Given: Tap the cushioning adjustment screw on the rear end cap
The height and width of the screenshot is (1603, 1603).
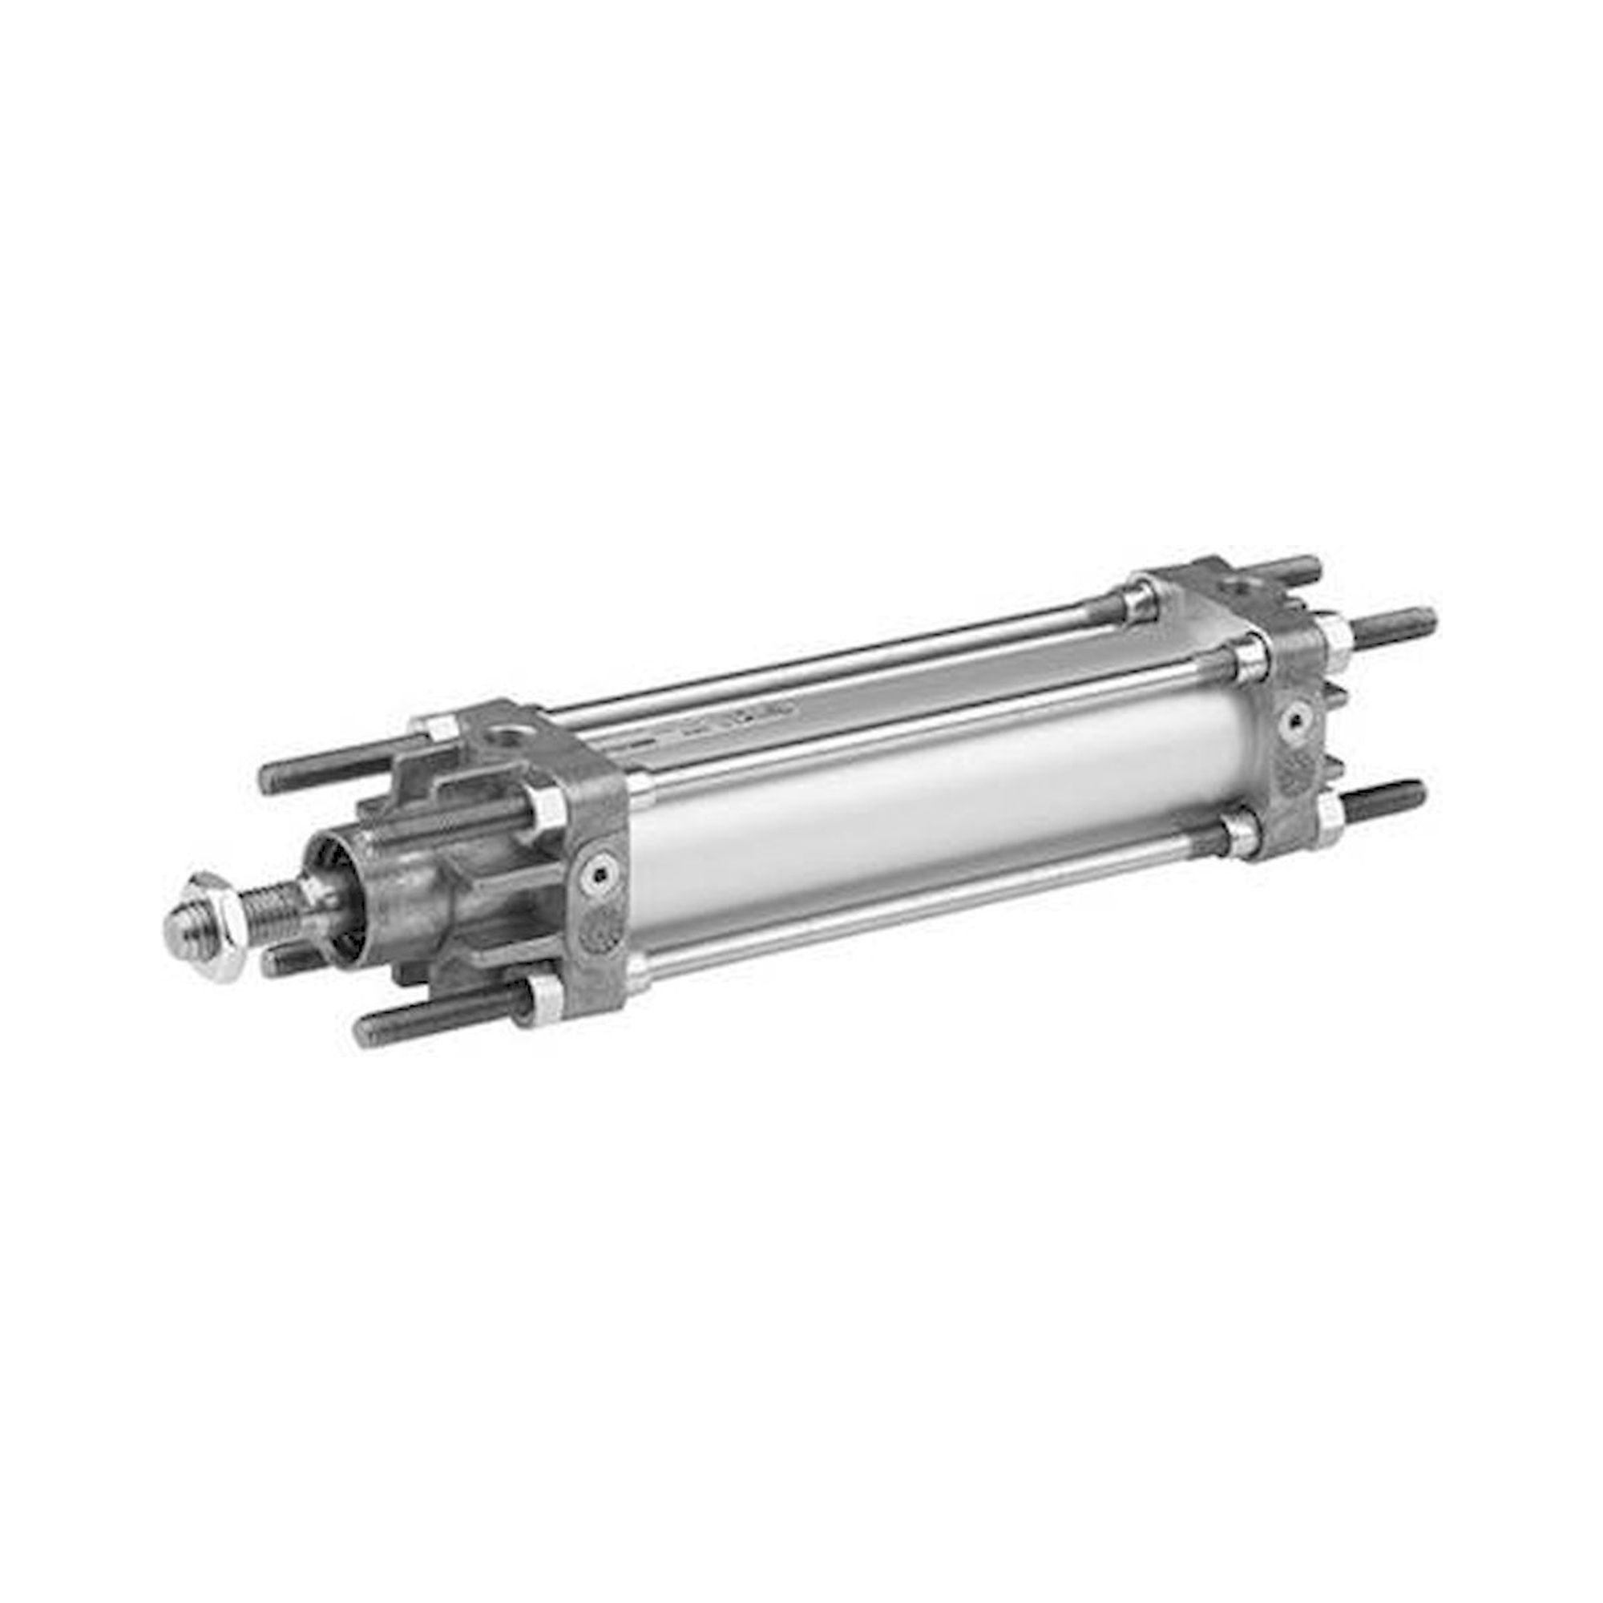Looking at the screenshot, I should [1293, 722].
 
